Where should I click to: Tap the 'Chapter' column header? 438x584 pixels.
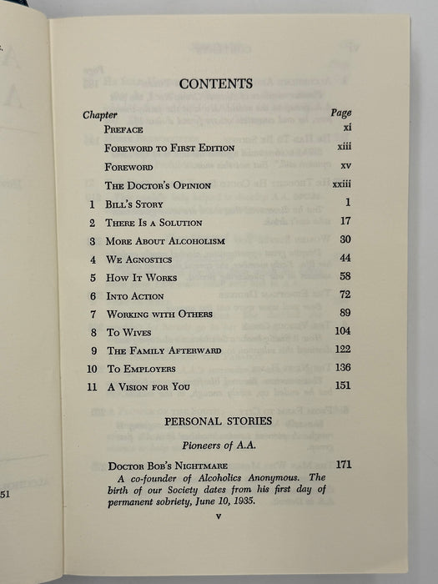(x=100, y=113)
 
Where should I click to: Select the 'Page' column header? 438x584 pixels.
(x=340, y=113)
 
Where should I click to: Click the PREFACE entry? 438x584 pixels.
(x=123, y=130)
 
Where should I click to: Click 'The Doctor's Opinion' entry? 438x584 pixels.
(x=158, y=185)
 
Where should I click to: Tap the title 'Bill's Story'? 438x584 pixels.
(x=134, y=204)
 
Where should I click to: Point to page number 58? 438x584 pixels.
(x=344, y=276)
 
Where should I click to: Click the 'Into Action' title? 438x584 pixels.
(x=135, y=296)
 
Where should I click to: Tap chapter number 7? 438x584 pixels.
(x=92, y=315)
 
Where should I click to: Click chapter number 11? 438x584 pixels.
(x=91, y=386)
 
